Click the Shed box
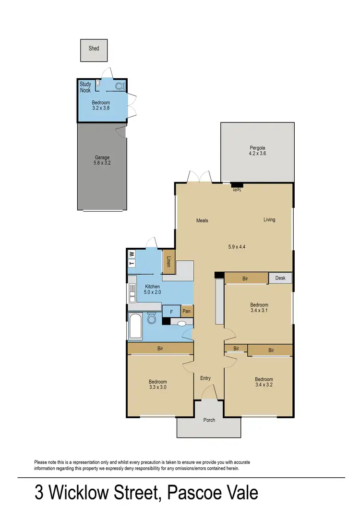pyautogui.click(x=94, y=50)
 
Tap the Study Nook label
pyautogui.click(x=85, y=87)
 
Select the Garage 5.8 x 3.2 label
pyautogui.click(x=102, y=160)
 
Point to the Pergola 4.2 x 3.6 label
pyautogui.click(x=257, y=151)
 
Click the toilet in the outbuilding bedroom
pyautogui.click(x=120, y=85)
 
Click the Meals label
pyautogui.click(x=202, y=221)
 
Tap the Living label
pyautogui.click(x=269, y=220)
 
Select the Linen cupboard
pyautogui.click(x=168, y=262)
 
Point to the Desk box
pyautogui.click(x=280, y=278)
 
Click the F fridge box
pyautogui.click(x=171, y=311)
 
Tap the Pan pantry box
pyautogui.click(x=187, y=311)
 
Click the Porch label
pyautogui.click(x=209, y=420)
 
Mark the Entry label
pyautogui.click(x=205, y=378)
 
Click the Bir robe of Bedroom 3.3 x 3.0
pyautogui.click(x=160, y=348)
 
